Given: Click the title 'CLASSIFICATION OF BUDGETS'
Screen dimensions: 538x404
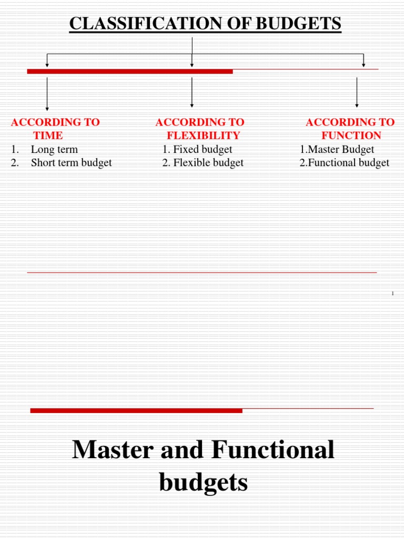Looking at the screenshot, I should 205,24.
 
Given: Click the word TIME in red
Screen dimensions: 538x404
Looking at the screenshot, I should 48,136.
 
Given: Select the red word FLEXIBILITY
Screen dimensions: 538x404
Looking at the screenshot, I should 203,136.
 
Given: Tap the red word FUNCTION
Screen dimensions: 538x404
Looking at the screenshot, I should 351,136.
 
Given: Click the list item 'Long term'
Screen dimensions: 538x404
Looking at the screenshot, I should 54,149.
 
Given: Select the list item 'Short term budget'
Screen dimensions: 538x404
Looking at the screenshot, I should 71,163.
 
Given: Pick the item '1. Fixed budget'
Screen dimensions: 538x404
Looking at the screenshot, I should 197,149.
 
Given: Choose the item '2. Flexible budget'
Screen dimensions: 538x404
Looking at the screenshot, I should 203,163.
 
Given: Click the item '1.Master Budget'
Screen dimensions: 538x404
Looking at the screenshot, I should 337,149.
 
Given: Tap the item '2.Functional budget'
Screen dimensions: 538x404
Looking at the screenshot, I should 345,163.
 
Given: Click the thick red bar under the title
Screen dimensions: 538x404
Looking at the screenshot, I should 130,71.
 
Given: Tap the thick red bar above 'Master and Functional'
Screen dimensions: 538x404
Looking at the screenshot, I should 136,410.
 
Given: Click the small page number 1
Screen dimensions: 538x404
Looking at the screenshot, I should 392,293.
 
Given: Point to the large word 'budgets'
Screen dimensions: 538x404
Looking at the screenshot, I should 203,482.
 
